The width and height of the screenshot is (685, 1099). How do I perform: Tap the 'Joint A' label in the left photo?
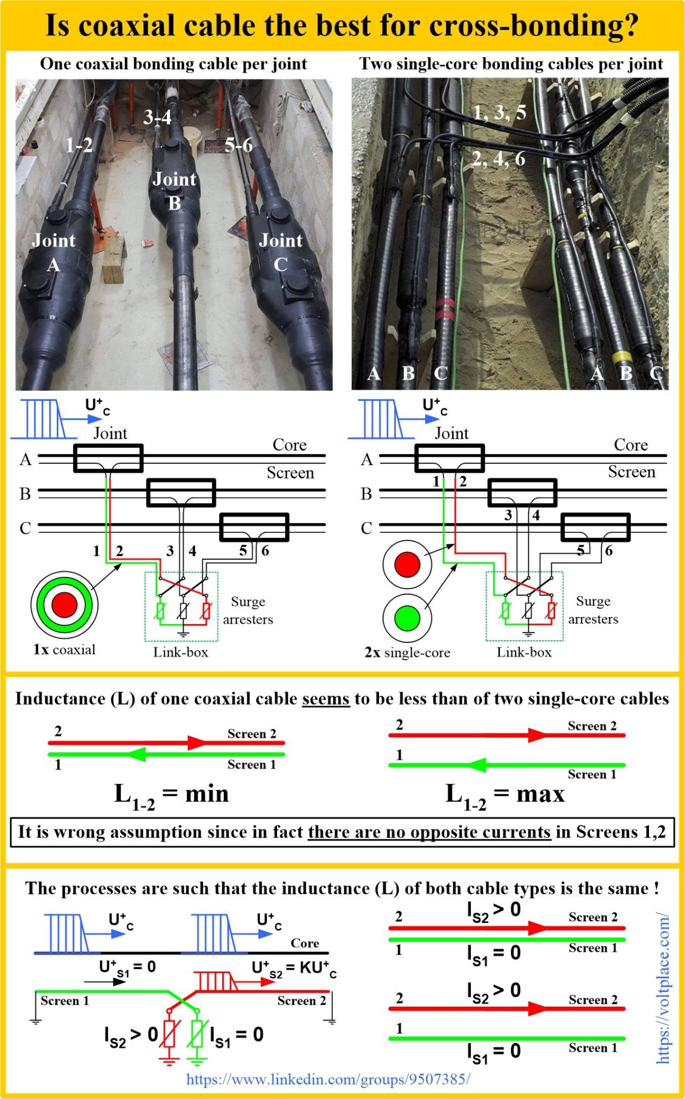tap(53, 252)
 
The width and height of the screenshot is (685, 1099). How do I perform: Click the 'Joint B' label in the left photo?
tap(174, 191)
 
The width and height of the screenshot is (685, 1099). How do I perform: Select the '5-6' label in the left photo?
tap(238, 145)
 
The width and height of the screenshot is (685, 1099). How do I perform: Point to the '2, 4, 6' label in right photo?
tap(498, 159)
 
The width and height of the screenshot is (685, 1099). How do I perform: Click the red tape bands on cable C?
tap(444, 309)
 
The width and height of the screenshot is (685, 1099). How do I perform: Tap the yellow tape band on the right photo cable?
tap(622, 357)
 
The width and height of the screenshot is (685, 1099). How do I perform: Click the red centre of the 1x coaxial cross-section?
tap(64, 605)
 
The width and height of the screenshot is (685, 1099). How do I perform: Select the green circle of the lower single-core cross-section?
tap(407, 618)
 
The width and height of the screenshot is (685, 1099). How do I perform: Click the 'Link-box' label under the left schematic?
tap(180, 652)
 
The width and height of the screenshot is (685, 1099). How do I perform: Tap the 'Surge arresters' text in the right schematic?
tap(593, 610)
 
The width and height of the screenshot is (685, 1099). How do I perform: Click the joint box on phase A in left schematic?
tap(108, 458)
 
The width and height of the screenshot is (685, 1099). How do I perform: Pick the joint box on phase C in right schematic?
tap(595, 527)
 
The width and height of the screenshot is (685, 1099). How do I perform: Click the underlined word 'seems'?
tap(325, 699)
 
